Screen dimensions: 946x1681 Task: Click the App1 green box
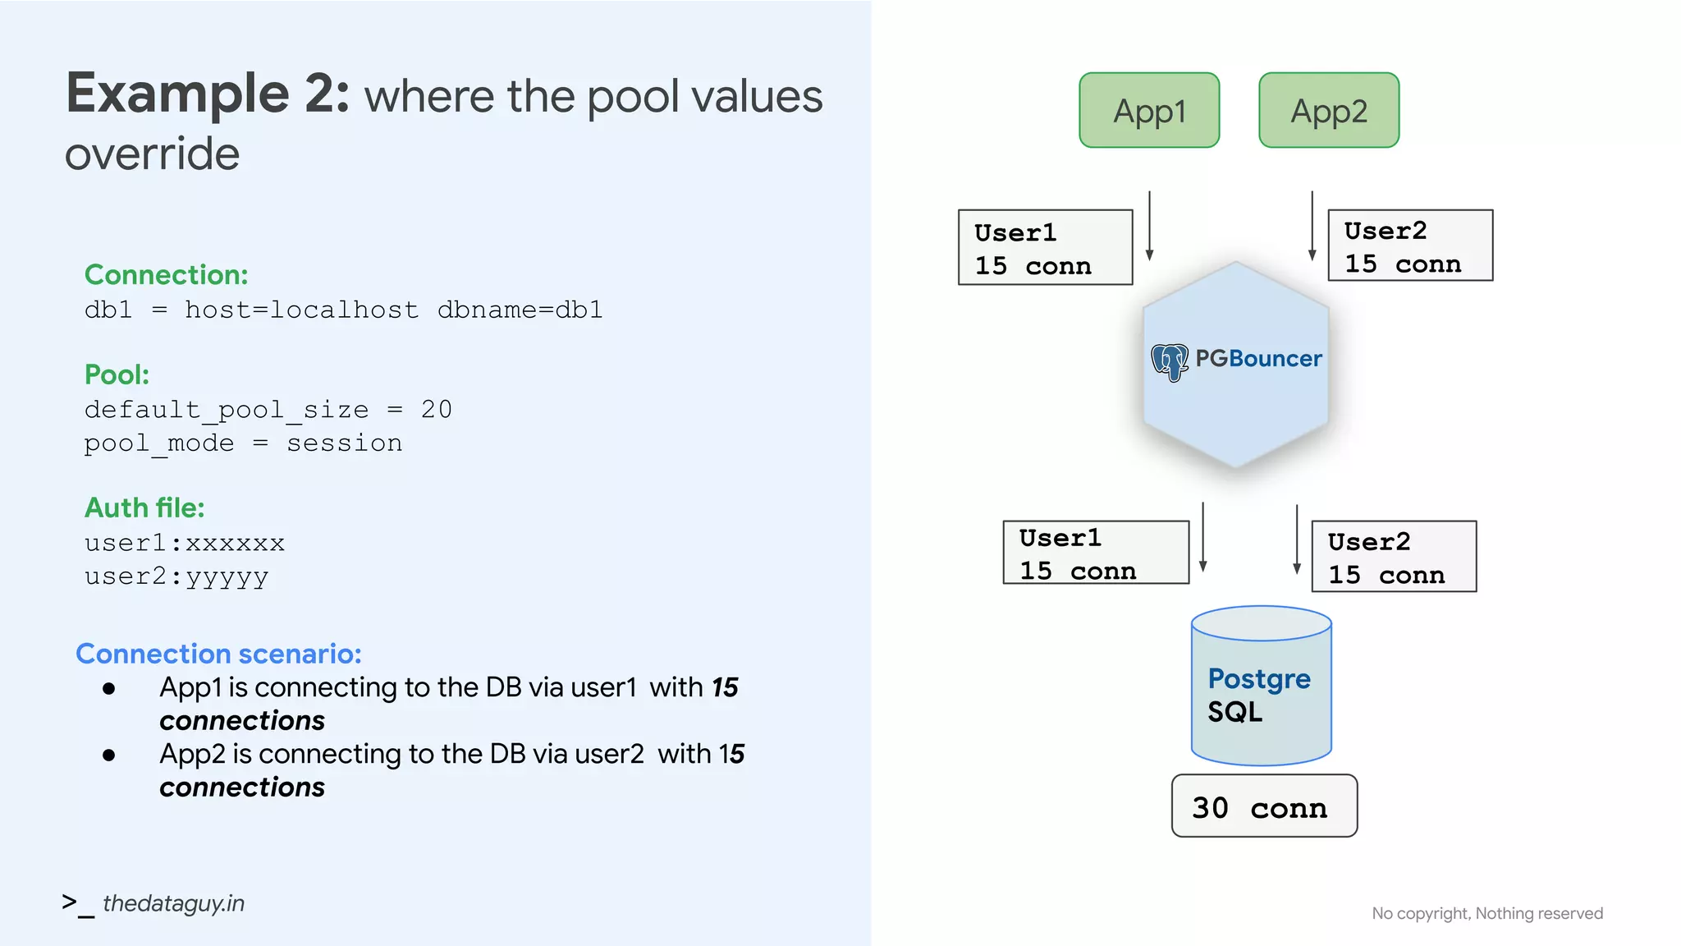pyautogui.click(x=1149, y=110)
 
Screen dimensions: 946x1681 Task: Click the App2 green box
pyautogui.click(x=1329, y=110)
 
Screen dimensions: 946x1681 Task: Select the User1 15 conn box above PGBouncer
pyautogui.click(x=1045, y=247)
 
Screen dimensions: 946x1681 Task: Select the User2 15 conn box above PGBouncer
pyautogui.click(x=1410, y=246)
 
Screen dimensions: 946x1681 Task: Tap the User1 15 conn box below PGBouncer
pyautogui.click(x=1096, y=553)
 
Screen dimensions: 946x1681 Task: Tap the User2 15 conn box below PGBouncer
pyautogui.click(x=1394, y=556)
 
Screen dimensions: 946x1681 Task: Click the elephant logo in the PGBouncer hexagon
pyautogui.click(x=1170, y=361)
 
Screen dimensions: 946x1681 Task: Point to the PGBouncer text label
pyautogui.click(x=1258, y=358)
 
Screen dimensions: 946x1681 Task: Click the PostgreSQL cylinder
pyautogui.click(x=1261, y=686)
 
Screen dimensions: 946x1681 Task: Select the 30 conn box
pyautogui.click(x=1264, y=806)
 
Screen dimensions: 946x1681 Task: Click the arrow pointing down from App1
pyautogui.click(x=1149, y=226)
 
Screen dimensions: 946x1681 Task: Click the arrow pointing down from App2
pyautogui.click(x=1312, y=226)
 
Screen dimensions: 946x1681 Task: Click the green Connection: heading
pyautogui.click(x=166, y=274)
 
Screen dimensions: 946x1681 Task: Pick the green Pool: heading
pyautogui.click(x=117, y=374)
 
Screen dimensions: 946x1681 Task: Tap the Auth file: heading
pyautogui.click(x=144, y=507)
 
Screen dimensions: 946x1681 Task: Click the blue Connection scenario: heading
pyautogui.click(x=218, y=654)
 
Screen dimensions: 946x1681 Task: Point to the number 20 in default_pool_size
pyautogui.click(x=436, y=409)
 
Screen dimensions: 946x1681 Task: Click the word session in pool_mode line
pyautogui.click(x=344, y=443)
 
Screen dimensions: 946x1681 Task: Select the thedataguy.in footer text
pyautogui.click(x=173, y=903)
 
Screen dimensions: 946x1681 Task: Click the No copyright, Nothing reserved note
pyautogui.click(x=1486, y=913)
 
